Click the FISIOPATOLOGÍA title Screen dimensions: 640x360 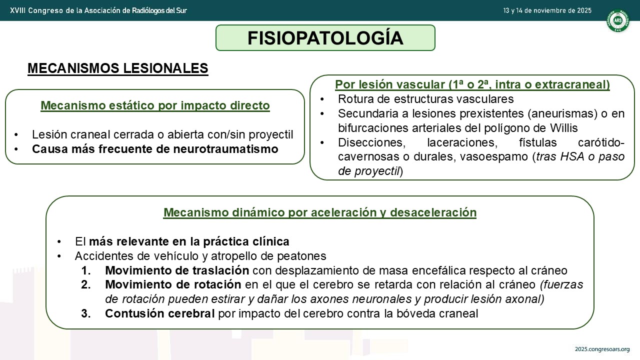(x=325, y=37)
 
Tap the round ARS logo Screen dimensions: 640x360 (x=617, y=20)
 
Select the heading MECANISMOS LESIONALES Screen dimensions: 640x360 (x=117, y=68)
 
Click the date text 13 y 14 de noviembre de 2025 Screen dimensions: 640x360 (x=547, y=10)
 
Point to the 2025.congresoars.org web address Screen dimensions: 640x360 (x=602, y=349)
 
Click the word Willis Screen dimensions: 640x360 (x=563, y=128)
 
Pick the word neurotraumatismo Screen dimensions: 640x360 (x=225, y=149)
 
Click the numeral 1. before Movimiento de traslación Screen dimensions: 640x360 (x=85, y=270)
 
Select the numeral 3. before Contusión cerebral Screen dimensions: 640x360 (x=85, y=313)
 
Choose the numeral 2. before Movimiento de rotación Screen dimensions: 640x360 (x=85, y=284)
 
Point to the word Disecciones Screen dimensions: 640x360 (x=371, y=142)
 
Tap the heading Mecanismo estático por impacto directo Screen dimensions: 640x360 (x=155, y=105)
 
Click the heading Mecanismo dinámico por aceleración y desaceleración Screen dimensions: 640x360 (x=320, y=212)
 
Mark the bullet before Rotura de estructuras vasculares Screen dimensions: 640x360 (x=322, y=99)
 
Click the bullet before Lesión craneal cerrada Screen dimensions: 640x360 (x=16, y=134)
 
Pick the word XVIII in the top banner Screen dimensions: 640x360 (x=17, y=10)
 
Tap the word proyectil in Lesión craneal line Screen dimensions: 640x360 (x=271, y=135)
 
